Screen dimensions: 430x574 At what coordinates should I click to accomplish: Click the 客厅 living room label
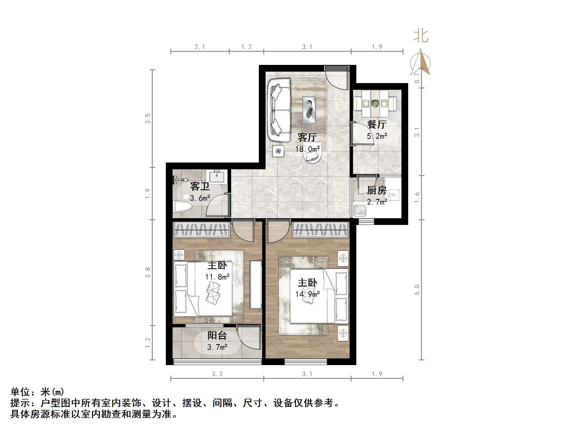pos(307,137)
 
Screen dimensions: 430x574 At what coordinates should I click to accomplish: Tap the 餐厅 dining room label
pos(377,124)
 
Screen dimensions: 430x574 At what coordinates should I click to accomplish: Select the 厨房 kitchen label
pos(377,191)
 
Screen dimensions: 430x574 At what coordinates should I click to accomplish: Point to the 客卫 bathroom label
pos(200,186)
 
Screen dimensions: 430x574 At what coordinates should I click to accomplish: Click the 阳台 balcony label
pos(217,335)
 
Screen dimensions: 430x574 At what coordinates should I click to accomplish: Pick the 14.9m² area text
pos(307,294)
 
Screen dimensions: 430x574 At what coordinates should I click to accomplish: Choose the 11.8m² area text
pos(217,277)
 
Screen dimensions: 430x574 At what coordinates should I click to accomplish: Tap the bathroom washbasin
pos(217,176)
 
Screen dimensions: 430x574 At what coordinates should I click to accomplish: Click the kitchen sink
pos(360,210)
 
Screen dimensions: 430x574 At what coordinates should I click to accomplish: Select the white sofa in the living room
pos(279,110)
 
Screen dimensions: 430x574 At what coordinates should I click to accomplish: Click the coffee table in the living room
pos(309,110)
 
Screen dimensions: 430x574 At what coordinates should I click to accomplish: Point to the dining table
pos(375,104)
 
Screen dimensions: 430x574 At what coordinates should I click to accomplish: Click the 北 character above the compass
pos(421,36)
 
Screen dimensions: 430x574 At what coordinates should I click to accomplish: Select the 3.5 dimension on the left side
pos(148,118)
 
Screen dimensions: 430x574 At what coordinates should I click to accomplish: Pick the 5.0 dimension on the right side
pos(417,290)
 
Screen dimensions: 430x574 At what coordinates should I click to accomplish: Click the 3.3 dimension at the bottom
pos(217,374)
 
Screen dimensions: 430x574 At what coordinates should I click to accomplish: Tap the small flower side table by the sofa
pos(278,151)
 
